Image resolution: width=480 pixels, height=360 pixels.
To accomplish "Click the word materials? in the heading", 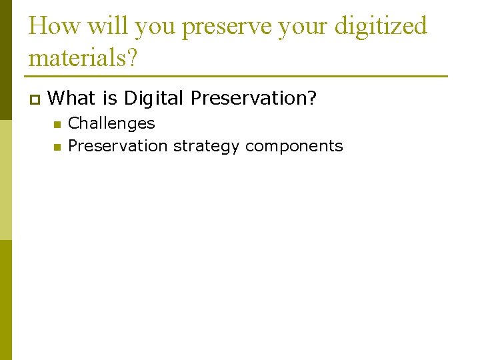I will coord(83,58).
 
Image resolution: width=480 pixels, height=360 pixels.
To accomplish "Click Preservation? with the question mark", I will coord(253,98).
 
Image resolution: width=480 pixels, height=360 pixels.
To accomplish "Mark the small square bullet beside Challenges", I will coord(57,125).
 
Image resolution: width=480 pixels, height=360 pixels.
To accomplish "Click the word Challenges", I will coord(111,124).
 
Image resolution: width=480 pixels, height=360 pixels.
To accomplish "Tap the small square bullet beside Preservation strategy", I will coord(57,147).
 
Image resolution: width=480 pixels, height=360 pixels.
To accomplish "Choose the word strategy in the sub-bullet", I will coord(207,147).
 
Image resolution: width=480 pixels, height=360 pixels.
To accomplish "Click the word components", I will coord(294,147).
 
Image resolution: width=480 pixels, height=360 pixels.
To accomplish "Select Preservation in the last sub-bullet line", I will coord(118,146).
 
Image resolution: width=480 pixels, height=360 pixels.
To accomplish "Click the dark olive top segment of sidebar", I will coord(5,60).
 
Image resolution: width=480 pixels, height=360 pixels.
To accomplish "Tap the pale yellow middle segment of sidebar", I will coord(5,180).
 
